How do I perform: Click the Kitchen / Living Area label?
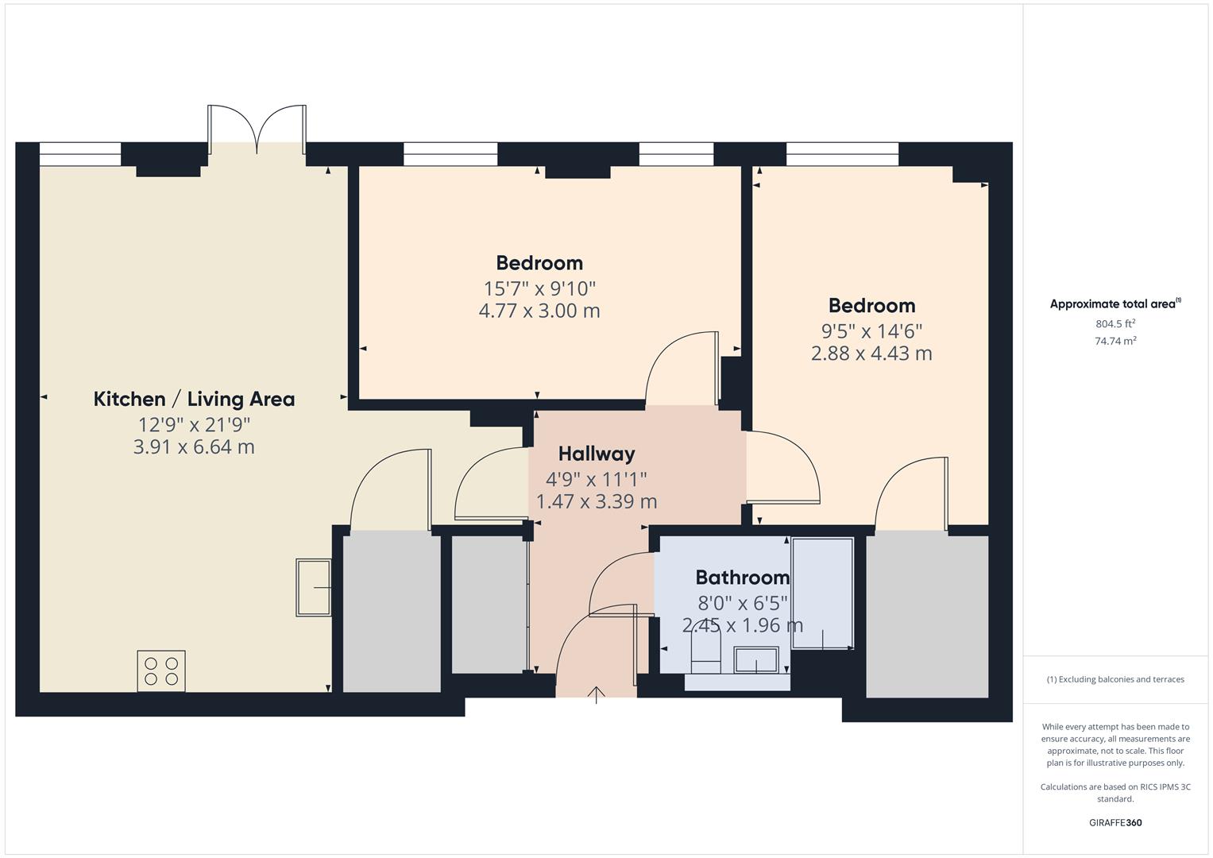click(194, 399)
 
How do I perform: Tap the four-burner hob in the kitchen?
click(161, 671)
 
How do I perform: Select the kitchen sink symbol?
click(313, 587)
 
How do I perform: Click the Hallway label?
click(597, 454)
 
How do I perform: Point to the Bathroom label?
click(742, 578)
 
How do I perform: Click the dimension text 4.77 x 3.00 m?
click(539, 311)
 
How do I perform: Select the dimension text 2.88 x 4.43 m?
click(871, 354)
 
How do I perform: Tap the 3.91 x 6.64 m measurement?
click(194, 447)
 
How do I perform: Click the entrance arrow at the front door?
click(597, 694)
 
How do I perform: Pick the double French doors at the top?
click(257, 129)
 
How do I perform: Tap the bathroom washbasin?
click(755, 659)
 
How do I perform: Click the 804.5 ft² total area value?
click(1115, 323)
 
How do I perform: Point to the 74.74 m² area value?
click(1115, 341)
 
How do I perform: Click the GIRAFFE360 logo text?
click(1115, 823)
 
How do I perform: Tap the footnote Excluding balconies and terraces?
click(1115, 679)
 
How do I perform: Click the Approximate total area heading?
click(1114, 303)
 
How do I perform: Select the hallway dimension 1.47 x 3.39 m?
click(597, 502)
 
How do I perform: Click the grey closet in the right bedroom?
click(927, 616)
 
